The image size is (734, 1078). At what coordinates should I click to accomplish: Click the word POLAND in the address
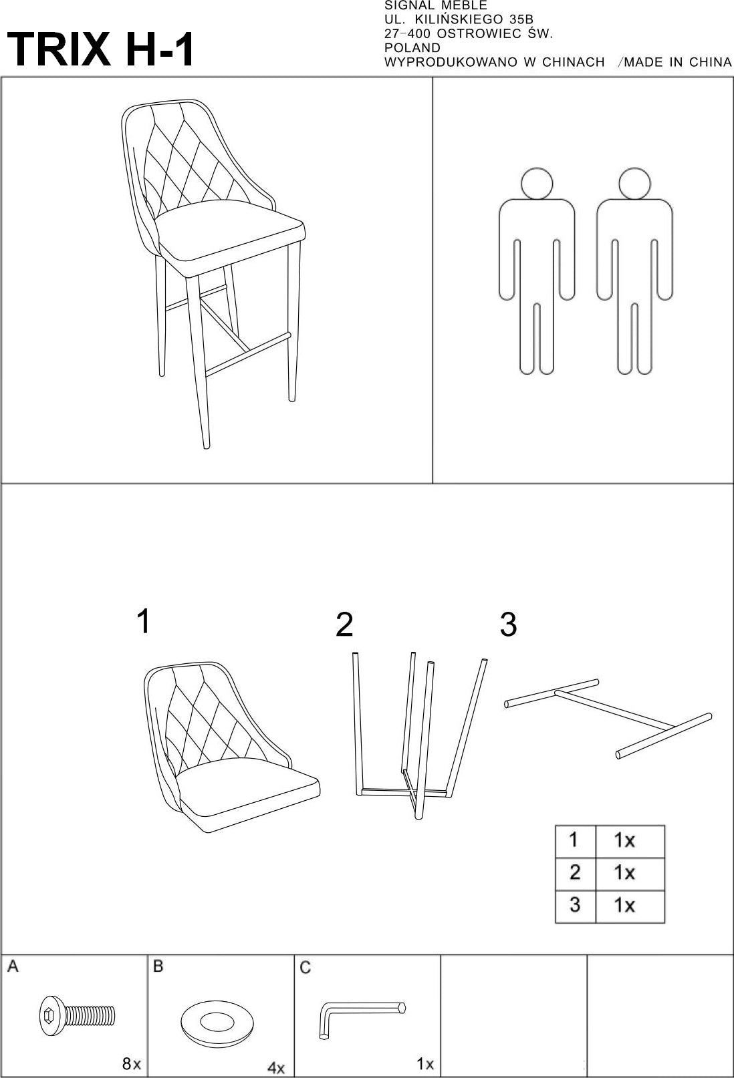tap(412, 48)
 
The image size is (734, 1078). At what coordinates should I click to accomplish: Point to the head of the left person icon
tap(537, 182)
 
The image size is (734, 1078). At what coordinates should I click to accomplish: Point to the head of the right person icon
tap(634, 182)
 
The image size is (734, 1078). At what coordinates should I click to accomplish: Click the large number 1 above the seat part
tap(142, 621)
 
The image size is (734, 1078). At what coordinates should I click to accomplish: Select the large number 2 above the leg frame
tap(344, 624)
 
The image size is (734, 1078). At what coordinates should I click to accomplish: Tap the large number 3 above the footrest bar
tap(508, 624)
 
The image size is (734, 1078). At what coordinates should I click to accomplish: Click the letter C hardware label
tap(305, 968)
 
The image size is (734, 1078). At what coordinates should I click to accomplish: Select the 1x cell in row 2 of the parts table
tap(624, 872)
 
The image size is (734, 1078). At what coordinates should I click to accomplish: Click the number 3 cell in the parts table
tap(574, 905)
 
